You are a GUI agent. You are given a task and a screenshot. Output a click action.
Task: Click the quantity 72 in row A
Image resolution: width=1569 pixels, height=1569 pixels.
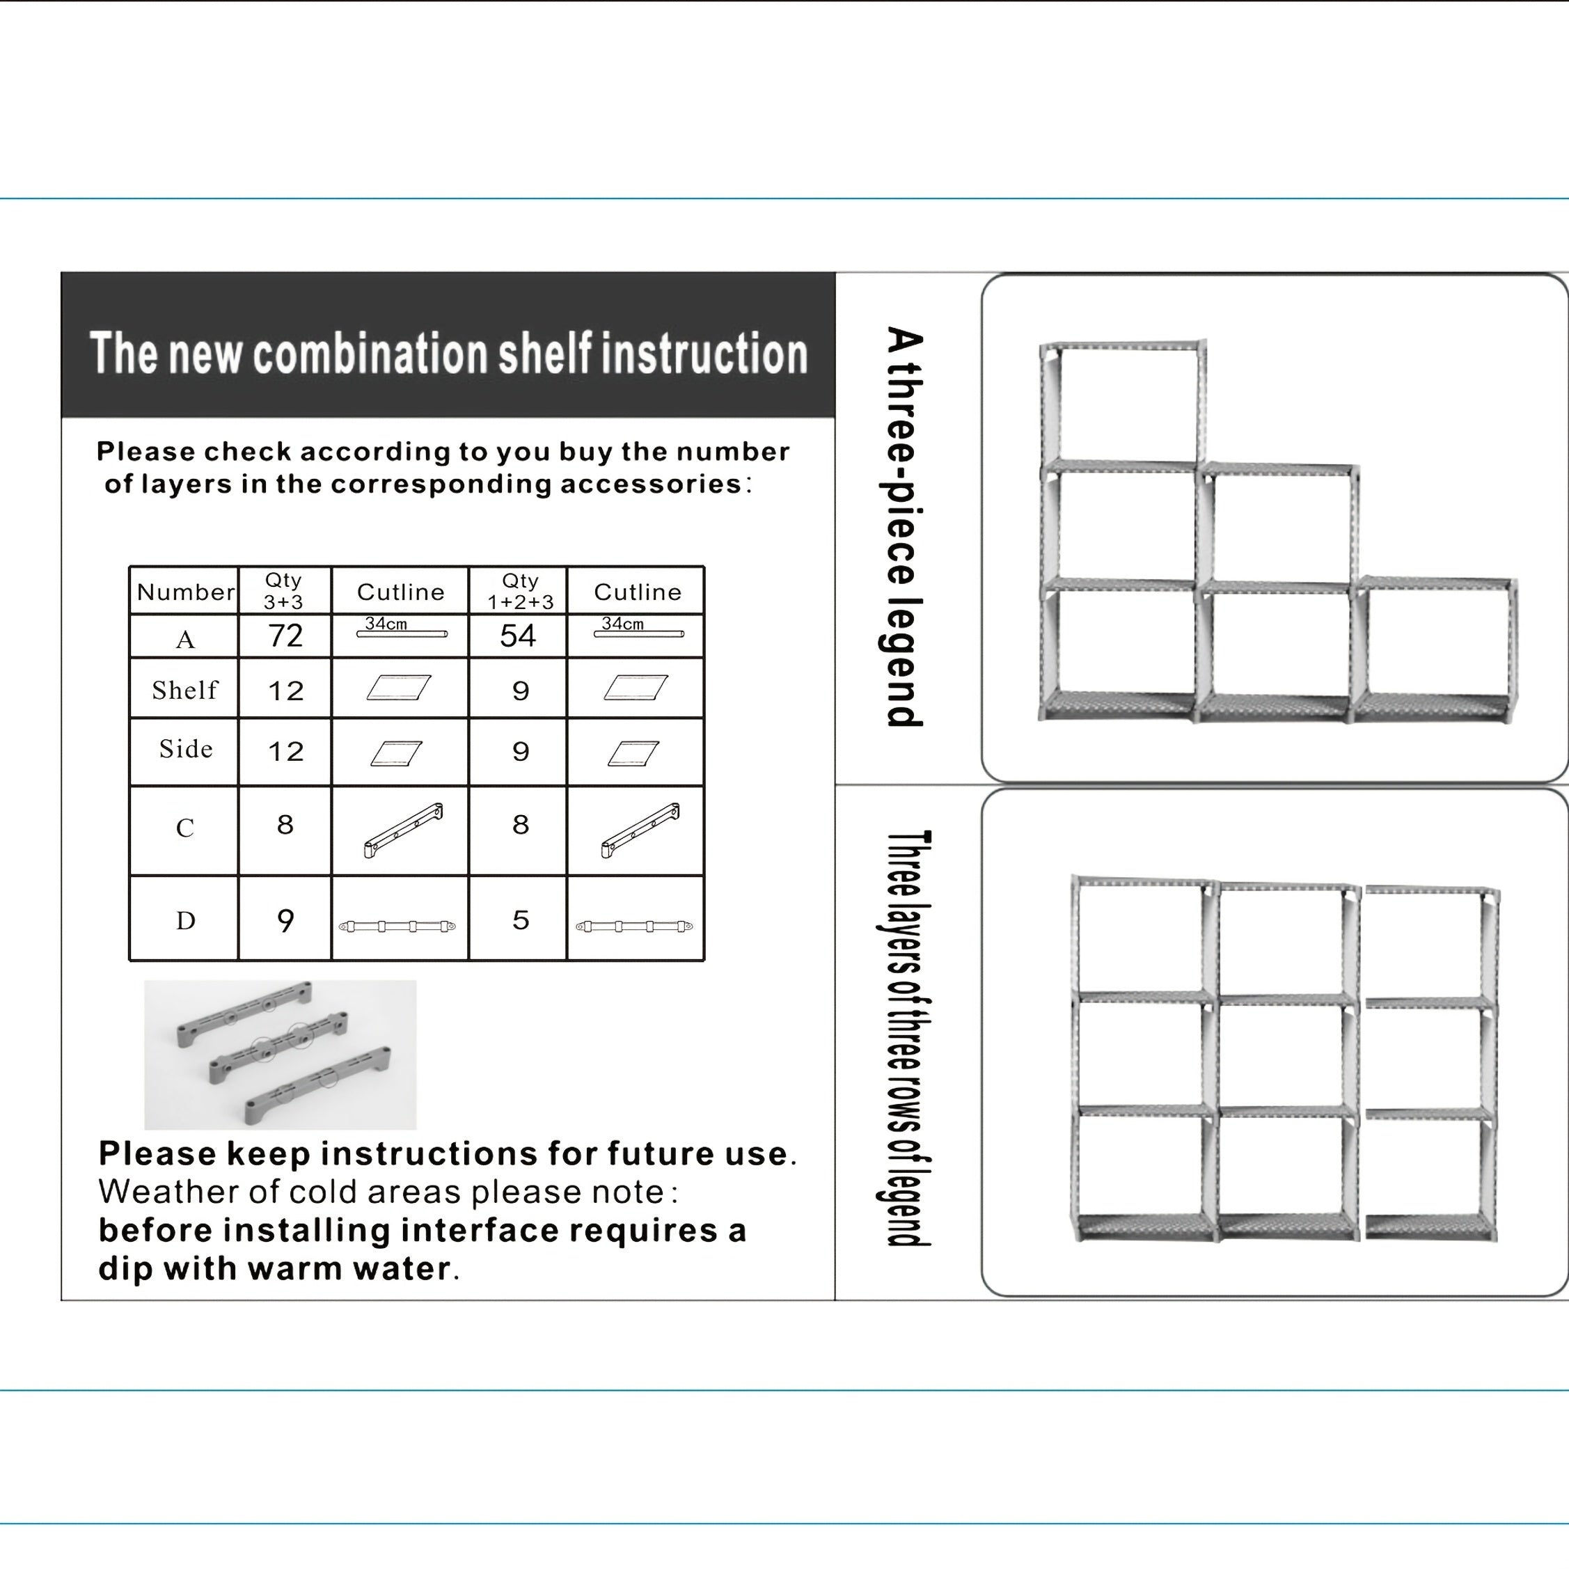[285, 635]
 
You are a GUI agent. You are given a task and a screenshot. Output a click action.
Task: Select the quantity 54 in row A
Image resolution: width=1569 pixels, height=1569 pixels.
[518, 635]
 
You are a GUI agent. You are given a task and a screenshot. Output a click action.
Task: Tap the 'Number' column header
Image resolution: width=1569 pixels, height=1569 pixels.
[186, 591]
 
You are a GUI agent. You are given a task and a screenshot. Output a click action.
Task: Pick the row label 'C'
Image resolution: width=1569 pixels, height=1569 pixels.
[185, 828]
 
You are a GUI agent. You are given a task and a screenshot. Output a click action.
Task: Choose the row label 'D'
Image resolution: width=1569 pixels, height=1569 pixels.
[186, 920]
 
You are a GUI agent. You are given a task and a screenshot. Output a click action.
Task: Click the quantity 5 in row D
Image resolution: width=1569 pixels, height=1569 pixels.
[521, 920]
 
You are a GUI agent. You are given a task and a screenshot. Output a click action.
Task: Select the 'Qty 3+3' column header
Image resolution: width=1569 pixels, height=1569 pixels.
[283, 590]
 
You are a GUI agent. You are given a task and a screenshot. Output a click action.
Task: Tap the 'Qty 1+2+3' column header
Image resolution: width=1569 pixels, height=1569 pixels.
[521, 590]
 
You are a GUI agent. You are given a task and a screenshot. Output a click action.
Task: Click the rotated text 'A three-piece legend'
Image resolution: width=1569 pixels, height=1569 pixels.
[904, 526]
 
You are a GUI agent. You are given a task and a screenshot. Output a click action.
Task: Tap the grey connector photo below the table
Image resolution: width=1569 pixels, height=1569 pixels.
[280, 1054]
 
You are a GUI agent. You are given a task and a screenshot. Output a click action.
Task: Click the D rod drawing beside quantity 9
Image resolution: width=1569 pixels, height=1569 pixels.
[397, 926]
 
